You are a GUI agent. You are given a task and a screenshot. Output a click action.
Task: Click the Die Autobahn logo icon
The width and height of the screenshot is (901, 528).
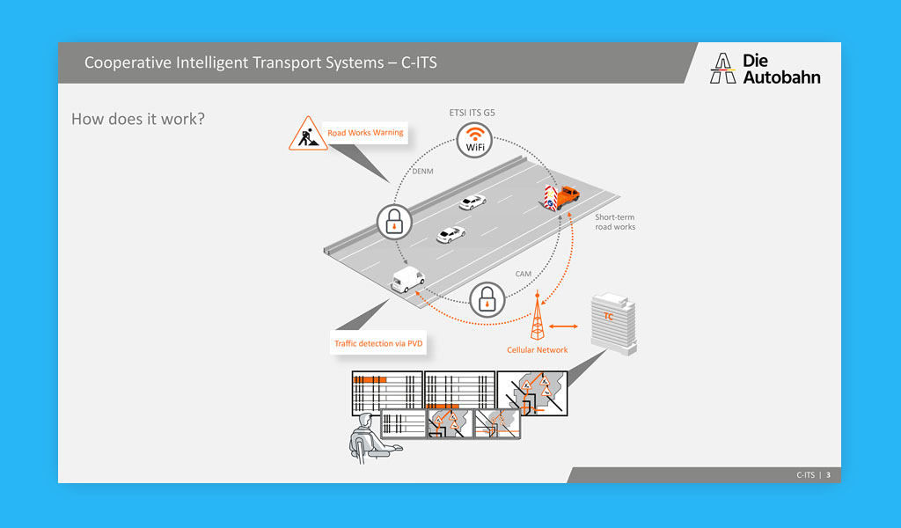tap(723, 69)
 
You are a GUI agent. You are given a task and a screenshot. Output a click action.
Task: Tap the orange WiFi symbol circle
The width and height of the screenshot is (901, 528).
tap(474, 140)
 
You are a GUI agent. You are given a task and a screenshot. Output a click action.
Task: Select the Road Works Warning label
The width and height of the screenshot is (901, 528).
tap(365, 133)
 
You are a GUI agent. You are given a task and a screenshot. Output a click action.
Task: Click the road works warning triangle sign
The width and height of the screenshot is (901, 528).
tap(307, 134)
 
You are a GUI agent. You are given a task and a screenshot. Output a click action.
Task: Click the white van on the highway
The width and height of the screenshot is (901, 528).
tap(407, 281)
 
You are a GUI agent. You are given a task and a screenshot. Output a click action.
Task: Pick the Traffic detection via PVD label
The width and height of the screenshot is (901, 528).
tap(378, 343)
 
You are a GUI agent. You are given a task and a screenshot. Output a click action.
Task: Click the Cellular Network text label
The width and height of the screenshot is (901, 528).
tap(537, 350)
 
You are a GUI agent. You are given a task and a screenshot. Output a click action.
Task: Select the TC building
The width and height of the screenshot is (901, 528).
tap(613, 322)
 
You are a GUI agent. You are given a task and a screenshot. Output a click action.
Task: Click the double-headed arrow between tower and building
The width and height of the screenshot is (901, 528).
tap(563, 326)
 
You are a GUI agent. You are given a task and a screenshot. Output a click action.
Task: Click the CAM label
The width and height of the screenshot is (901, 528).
tap(523, 275)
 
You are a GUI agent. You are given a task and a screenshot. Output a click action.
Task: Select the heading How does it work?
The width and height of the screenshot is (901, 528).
tap(138, 118)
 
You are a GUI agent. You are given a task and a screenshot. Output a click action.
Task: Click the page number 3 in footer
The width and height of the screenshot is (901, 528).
tap(828, 475)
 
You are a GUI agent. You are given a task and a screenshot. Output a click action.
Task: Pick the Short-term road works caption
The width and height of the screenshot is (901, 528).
tap(615, 222)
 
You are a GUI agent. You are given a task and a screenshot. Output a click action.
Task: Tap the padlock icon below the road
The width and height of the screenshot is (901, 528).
tap(487, 300)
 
